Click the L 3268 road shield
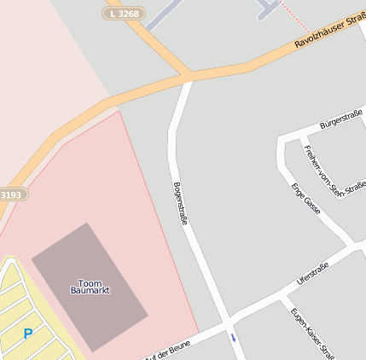pos(125,14)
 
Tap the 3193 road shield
pos(10,195)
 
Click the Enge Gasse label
pos(305,198)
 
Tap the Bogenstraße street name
pos(181,203)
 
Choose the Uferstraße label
pos(312,272)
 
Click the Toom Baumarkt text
pos(90,287)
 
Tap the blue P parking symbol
pos(28,334)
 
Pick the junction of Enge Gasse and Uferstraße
pos(352,247)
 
